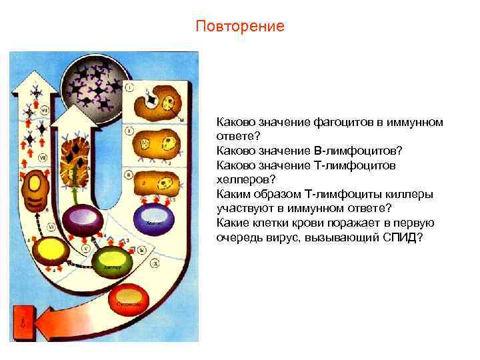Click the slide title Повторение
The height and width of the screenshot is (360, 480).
point(240,26)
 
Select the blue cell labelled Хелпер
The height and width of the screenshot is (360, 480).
point(154,219)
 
